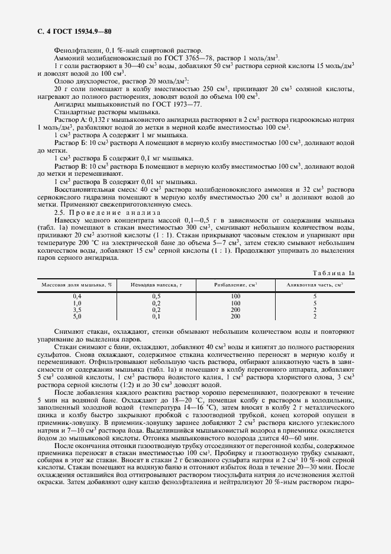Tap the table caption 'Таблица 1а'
[x=335, y=273]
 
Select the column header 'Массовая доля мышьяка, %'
[x=76, y=285]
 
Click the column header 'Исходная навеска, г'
[x=156, y=285]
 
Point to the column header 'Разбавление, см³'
[x=235, y=285]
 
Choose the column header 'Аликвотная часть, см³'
[x=315, y=285]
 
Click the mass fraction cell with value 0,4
[x=76, y=295]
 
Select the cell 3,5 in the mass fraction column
[x=76, y=310]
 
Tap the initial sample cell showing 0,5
[x=156, y=295]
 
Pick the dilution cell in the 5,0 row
[x=235, y=317]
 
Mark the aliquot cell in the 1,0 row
[x=315, y=302]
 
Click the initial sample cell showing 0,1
[x=156, y=317]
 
